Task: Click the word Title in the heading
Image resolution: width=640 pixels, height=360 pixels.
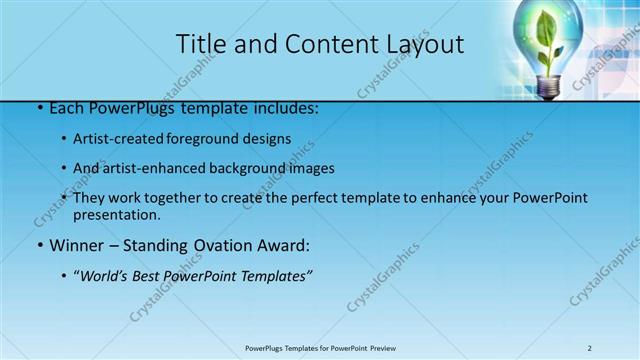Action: point(200,44)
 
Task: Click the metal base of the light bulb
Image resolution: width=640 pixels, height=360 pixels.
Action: point(547,88)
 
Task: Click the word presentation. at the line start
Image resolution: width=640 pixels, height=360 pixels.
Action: point(116,214)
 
